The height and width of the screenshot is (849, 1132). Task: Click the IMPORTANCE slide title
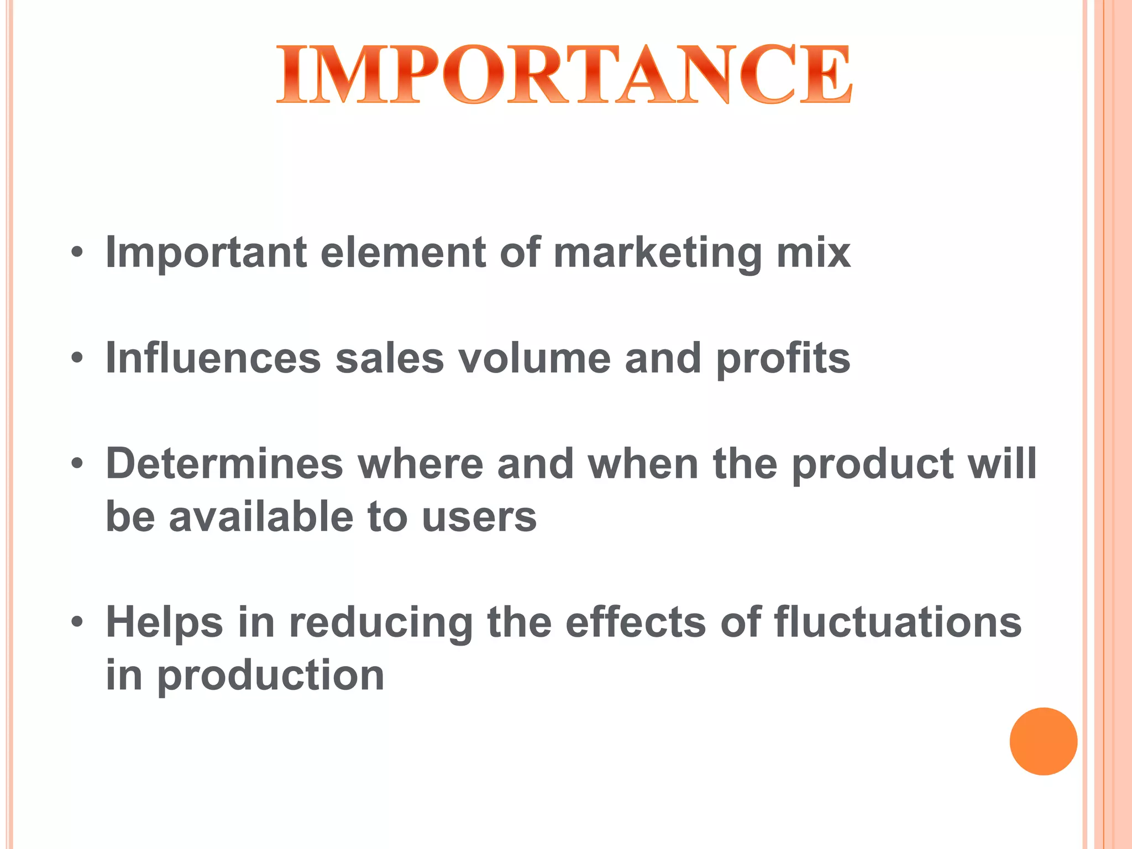[564, 75]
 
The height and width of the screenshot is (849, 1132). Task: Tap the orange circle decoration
[1043, 741]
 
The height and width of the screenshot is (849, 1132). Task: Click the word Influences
[213, 358]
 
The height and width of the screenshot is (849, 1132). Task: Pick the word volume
[534, 358]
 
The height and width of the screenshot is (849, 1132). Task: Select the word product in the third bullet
[873, 465]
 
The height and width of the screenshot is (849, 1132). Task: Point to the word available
[261, 516]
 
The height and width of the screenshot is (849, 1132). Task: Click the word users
[479, 517]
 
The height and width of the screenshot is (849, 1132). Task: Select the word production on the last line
[271, 676]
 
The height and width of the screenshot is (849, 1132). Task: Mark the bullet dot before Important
[77, 253]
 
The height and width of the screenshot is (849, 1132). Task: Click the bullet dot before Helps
[77, 622]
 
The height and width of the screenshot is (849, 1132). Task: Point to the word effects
[636, 622]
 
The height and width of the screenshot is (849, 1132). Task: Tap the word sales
[390, 358]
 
